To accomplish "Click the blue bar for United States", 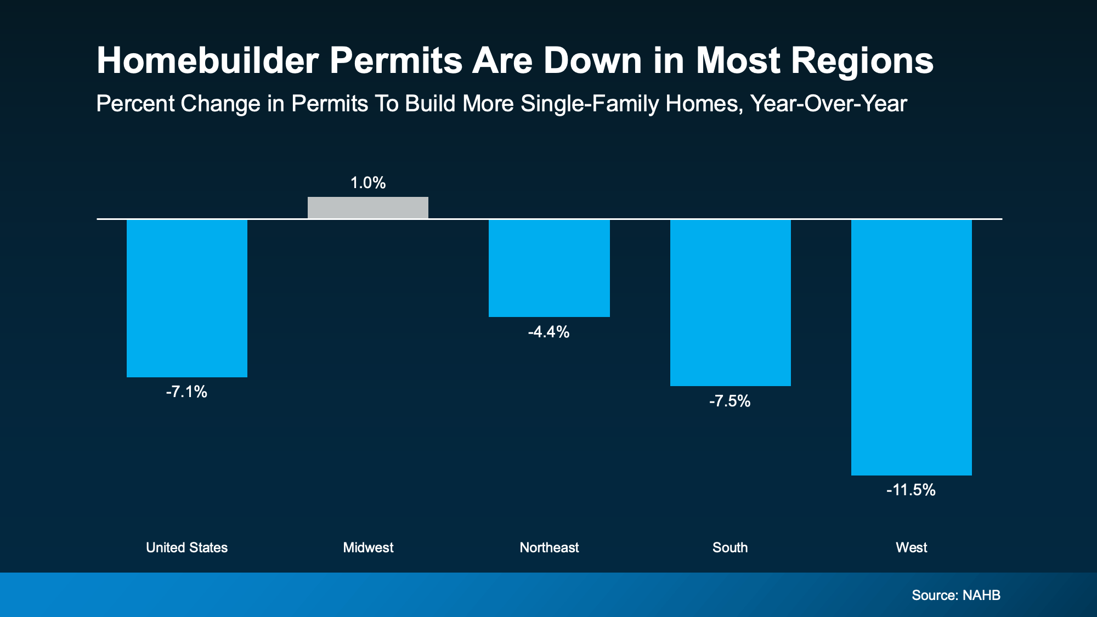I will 187,298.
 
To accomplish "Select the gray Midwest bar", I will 368,208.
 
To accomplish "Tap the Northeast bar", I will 549,268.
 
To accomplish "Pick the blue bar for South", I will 730,303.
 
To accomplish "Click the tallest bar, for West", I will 911,347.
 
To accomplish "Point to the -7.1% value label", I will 186,392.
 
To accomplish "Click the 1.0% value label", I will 368,183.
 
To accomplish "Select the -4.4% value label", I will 548,332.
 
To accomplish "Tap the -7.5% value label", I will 730,401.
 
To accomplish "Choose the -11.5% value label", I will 911,490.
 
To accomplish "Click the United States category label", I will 186,547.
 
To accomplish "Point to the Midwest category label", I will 368,547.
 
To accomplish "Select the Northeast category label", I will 549,547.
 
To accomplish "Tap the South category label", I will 730,547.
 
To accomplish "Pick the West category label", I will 911,547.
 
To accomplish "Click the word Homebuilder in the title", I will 207,60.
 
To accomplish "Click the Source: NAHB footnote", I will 955,595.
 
